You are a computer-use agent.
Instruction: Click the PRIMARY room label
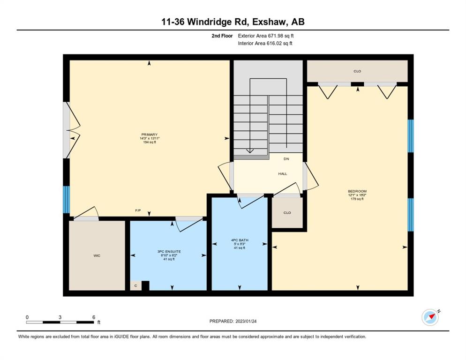click(150, 135)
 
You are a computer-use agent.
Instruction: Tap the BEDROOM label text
click(357, 191)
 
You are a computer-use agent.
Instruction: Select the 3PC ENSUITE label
click(169, 252)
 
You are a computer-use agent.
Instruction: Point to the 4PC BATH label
click(240, 240)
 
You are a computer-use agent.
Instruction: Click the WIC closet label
click(97, 255)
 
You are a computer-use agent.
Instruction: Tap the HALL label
click(283, 173)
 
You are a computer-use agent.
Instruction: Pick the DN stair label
click(286, 159)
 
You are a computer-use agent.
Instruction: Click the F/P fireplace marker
click(138, 210)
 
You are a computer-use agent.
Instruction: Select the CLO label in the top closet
click(357, 71)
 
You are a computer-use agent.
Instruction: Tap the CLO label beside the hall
click(287, 213)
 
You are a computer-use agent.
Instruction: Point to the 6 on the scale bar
click(94, 317)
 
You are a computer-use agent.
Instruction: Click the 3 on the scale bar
click(60, 317)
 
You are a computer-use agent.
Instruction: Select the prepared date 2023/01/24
click(246, 322)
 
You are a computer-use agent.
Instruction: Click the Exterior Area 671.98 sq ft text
click(266, 36)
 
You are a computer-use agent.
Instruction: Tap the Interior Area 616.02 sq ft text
click(265, 44)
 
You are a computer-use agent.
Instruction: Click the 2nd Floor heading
click(222, 36)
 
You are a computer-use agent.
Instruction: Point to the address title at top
click(233, 22)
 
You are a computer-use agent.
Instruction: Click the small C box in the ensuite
click(136, 285)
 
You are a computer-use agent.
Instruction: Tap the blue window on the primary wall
click(66, 200)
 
